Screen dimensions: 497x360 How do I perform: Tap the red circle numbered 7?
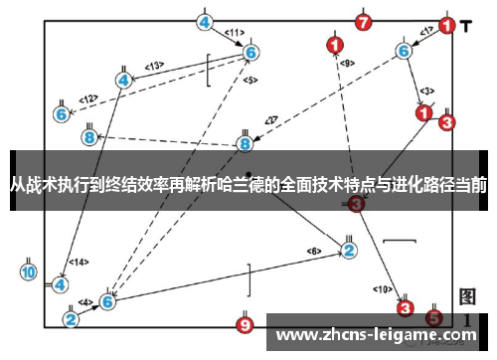coord(364,22)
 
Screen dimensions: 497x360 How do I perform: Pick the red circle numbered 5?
coord(433,317)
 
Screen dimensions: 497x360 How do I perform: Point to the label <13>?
coord(154,66)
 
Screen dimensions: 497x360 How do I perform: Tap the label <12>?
coord(88,98)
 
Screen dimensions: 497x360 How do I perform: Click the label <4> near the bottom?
coord(86,301)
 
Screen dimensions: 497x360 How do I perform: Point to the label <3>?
coord(426,90)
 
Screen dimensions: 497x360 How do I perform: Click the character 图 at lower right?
coord(468,297)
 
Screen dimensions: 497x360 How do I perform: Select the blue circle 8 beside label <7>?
coord(246,144)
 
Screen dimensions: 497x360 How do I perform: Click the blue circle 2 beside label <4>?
coord(71,318)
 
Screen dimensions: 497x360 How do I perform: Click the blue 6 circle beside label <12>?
coord(62,114)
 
